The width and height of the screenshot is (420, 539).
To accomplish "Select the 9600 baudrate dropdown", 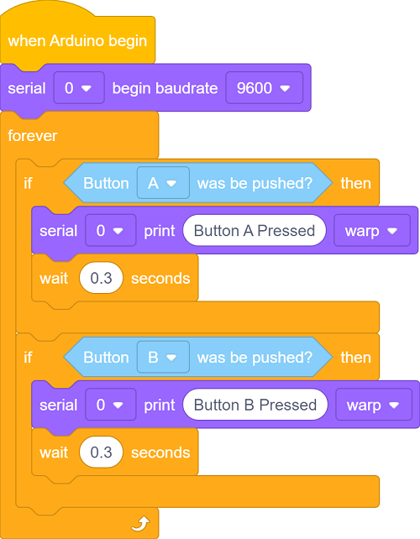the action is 264,88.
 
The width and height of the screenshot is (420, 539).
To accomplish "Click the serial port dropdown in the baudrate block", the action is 79,88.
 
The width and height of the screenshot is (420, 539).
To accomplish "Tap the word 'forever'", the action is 32,136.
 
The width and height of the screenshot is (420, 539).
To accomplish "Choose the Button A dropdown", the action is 163,183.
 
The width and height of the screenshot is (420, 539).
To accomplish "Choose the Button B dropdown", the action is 163,357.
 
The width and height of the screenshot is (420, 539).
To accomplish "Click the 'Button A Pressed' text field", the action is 255,230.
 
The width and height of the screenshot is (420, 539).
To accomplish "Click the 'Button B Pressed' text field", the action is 255,405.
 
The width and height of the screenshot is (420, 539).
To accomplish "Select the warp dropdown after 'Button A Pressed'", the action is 372,230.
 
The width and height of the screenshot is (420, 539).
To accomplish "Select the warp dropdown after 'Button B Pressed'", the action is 374,405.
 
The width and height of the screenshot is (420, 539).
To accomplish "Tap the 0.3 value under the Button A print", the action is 101,278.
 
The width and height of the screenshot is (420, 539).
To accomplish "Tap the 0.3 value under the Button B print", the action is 101,452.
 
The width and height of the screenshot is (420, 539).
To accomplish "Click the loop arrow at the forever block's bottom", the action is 140,524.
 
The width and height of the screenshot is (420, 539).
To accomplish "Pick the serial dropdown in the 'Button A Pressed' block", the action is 110,230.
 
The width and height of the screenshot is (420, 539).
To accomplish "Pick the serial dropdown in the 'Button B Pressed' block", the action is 110,405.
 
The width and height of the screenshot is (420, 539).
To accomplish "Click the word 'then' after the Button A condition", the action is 355,183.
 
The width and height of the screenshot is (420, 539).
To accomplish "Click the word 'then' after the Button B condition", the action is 355,358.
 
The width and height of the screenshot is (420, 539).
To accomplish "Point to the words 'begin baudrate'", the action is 165,88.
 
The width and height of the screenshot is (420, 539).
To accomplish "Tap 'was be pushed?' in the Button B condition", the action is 255,358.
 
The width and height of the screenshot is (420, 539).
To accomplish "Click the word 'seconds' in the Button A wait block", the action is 160,279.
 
